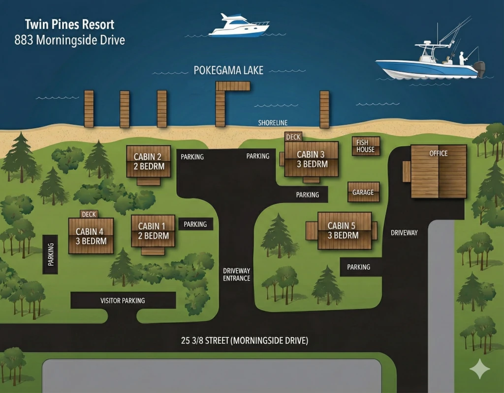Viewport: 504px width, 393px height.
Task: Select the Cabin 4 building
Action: coord(91,236)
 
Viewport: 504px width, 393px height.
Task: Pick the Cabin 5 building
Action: coord(344,231)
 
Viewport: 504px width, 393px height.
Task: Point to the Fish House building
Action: coord(366,146)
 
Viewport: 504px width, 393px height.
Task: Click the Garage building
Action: coord(363,192)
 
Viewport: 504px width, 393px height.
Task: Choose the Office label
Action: coord(439,153)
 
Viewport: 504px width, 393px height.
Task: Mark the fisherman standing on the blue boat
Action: coord(463,58)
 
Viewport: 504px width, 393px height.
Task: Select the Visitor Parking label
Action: coord(123,301)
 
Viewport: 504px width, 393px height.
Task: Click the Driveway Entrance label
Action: coord(237,275)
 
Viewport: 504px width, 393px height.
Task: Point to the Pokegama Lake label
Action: coord(228,70)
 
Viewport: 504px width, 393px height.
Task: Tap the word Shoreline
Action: coord(273,123)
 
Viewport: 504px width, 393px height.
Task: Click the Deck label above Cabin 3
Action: coord(293,137)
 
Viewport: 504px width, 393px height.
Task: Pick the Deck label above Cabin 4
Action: coord(89,214)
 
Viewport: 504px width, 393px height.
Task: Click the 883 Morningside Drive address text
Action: coord(69,40)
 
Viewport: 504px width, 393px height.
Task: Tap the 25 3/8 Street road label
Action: coord(245,340)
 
